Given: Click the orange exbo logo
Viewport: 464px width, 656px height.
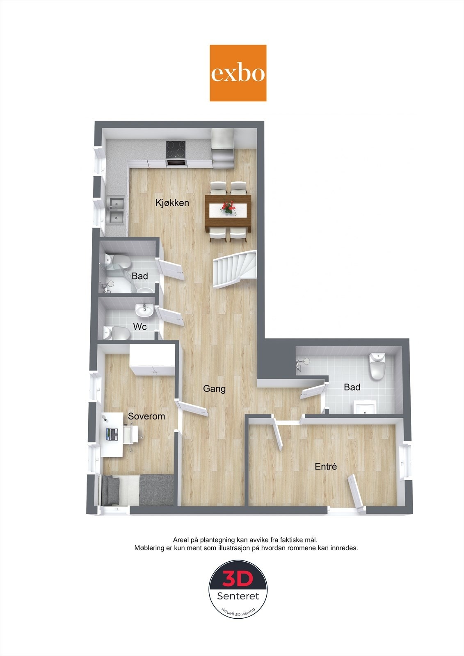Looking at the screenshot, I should [x=238, y=73].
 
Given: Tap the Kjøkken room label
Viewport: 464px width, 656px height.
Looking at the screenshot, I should [x=172, y=203].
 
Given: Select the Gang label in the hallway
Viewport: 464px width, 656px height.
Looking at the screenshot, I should [x=214, y=388].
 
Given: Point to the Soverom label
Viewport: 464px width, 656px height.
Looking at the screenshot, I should [x=146, y=416].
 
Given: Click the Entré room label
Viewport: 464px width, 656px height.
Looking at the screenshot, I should [x=326, y=466].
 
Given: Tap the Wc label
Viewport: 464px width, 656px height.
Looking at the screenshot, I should [x=140, y=327].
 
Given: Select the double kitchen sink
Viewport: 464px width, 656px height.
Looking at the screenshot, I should [x=116, y=210].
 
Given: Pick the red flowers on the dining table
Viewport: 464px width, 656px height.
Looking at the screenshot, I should [x=228, y=207].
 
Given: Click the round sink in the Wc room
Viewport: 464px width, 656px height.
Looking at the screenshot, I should [x=144, y=311].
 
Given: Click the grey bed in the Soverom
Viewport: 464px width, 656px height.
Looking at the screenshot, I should [x=137, y=490].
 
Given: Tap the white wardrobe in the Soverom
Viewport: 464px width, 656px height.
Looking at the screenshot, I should [x=152, y=359].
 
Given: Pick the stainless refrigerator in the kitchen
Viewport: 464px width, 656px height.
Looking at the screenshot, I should [x=222, y=148].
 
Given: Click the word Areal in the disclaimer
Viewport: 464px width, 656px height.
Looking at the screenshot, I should [x=181, y=540].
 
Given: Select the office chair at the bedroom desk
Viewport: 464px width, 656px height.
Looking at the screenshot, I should [x=132, y=435].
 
